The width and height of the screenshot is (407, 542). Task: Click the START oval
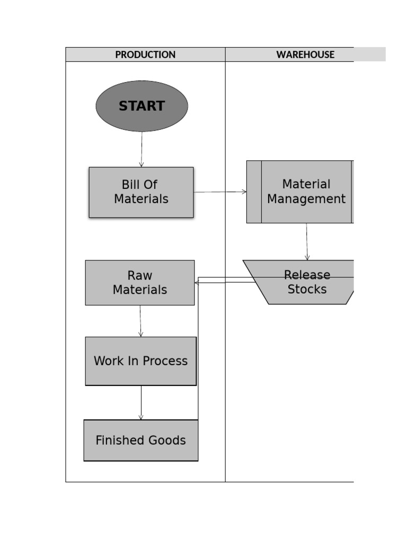[x=141, y=106]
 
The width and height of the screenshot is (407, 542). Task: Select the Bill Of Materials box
[x=141, y=192]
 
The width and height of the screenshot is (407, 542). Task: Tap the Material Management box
[x=306, y=192]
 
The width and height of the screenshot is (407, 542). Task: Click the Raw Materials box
[x=140, y=283]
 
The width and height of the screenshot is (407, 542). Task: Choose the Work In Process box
[x=140, y=361]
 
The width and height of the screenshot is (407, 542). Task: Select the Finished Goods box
[x=140, y=440]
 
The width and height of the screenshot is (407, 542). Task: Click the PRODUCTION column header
[x=145, y=55]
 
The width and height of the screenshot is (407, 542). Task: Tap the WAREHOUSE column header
[x=305, y=55]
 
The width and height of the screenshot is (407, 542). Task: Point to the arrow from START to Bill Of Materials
[x=141, y=150]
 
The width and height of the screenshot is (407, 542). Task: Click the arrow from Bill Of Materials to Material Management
[x=220, y=192]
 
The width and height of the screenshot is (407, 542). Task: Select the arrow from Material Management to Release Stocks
[x=307, y=242]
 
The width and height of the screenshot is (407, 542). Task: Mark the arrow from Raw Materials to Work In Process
[x=140, y=321]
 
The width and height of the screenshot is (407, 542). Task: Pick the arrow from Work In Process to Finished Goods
[x=141, y=403]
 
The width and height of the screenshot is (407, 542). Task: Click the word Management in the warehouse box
[x=306, y=200]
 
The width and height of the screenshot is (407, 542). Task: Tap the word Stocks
[x=307, y=290]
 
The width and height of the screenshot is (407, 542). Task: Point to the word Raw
[x=140, y=276]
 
